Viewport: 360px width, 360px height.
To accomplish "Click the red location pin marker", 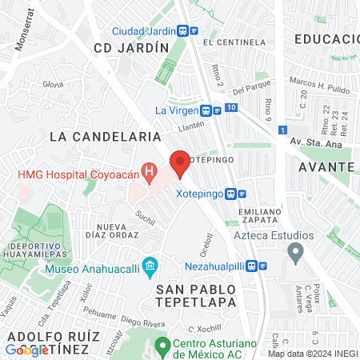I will tap(180, 163).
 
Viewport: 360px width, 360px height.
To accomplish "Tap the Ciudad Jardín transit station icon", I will tap(184, 31).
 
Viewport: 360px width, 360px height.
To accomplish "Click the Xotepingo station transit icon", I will tap(231, 194).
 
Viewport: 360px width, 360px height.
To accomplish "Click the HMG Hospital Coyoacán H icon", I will tap(148, 170).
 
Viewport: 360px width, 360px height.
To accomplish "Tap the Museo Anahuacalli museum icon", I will tap(149, 265).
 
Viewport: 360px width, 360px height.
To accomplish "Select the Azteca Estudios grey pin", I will tap(295, 255).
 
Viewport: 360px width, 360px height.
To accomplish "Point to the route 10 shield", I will tap(230, 107).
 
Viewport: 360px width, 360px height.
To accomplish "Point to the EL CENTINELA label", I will tap(234, 42).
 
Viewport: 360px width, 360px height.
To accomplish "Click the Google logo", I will tap(27, 349).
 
